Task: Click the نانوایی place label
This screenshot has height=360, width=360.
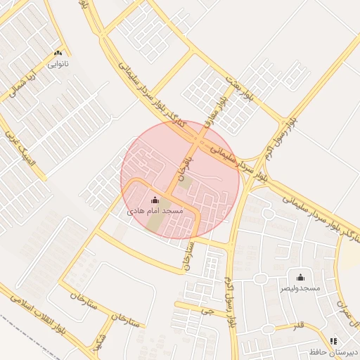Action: tap(58, 63)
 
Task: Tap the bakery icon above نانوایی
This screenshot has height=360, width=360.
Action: tap(58, 52)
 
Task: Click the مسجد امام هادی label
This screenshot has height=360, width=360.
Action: tap(155, 210)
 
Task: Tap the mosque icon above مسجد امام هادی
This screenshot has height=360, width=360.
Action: tap(155, 200)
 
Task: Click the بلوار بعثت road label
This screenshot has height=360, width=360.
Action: tap(238, 84)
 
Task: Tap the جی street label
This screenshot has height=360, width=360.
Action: tap(205, 309)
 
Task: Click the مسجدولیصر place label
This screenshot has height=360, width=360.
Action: tap(300, 288)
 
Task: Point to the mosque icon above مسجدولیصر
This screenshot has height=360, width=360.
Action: tap(301, 277)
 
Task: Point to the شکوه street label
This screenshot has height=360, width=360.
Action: tap(98, 344)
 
